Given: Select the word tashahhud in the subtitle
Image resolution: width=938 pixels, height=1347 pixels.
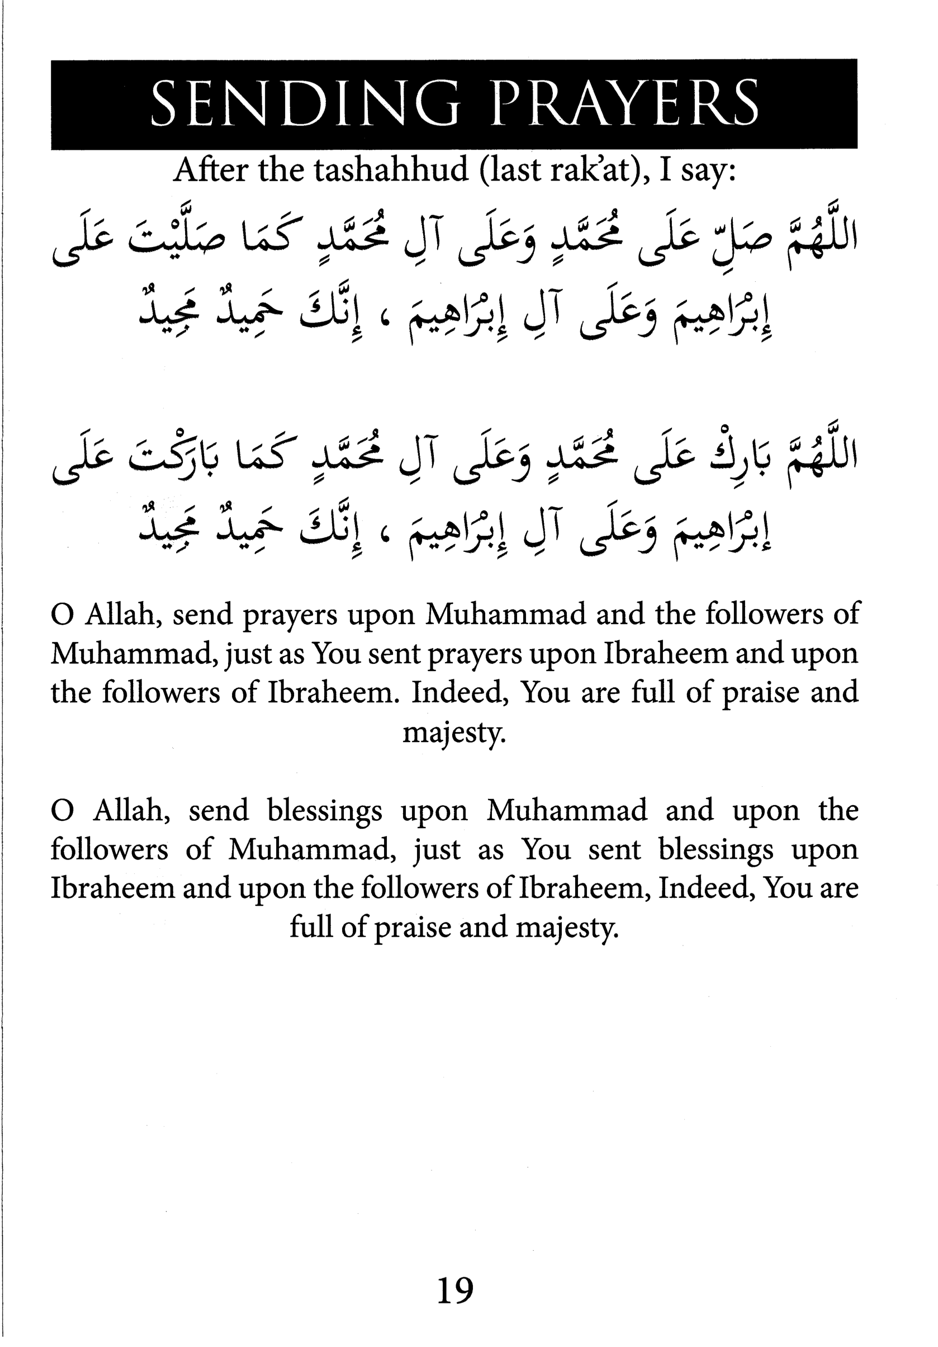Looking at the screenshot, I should [391, 170].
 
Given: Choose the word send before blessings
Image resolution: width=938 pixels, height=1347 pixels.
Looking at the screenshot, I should [218, 810].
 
